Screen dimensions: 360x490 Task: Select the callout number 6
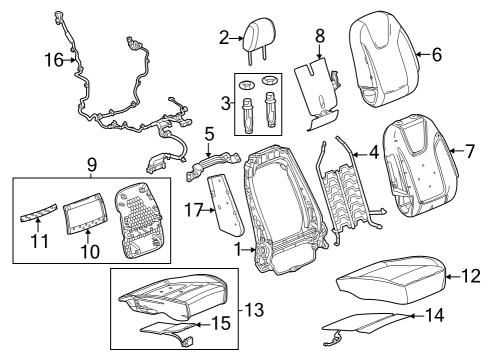pos(435,54)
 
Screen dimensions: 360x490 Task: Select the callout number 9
pos(91,162)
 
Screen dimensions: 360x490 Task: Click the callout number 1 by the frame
pos(238,247)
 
